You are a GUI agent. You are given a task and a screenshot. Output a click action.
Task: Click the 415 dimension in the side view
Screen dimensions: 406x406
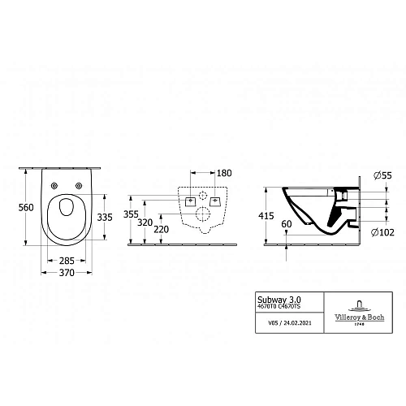(266, 215)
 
